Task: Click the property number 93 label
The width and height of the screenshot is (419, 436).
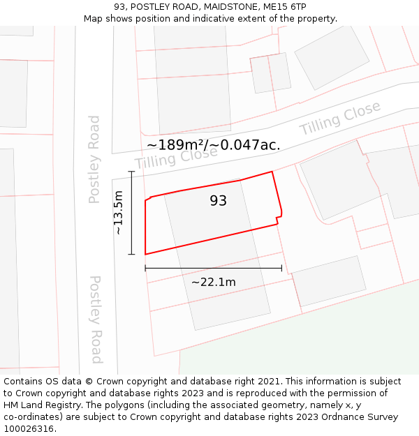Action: coord(218,201)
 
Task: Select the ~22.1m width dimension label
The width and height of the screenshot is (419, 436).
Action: coord(213,282)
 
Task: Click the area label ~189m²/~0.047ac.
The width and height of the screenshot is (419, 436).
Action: coord(213,144)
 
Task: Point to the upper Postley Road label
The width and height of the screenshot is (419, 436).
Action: coord(94,159)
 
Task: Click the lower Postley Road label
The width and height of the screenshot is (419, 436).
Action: coord(96,319)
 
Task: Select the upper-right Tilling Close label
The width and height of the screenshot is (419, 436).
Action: coord(340,119)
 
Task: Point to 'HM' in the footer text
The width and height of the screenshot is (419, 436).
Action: coord(11,405)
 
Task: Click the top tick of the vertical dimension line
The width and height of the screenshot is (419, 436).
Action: coord(131,171)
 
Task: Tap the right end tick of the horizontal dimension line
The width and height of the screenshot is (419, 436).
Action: coord(281,268)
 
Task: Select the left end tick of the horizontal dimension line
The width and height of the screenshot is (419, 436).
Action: coord(145,268)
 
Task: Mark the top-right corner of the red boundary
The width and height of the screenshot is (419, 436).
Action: coord(272,172)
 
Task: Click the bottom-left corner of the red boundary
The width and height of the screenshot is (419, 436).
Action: coord(145,254)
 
